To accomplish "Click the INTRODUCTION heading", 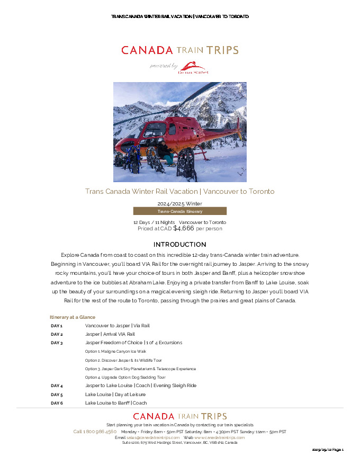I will pyautogui.click(x=179, y=245).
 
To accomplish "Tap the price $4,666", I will pyautogui.click(x=184, y=228).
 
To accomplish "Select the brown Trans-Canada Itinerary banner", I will pyautogui.click(x=179, y=211).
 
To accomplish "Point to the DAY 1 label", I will pyautogui.click(x=57, y=326).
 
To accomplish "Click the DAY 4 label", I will pyautogui.click(x=57, y=386).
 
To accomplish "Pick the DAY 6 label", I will pyautogui.click(x=57, y=403).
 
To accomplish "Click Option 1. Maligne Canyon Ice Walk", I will pyautogui.click(x=115, y=351).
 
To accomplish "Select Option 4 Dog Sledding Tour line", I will pyautogui.click(x=125, y=377).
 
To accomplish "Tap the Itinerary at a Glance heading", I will pyautogui.click(x=73, y=317).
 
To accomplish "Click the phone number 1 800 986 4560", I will pyautogui.click(x=95, y=432).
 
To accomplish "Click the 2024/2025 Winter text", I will pyautogui.click(x=179, y=203).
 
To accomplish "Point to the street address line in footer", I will pyautogui.click(x=179, y=443).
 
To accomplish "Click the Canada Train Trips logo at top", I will pyautogui.click(x=179, y=50).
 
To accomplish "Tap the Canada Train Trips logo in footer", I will pyautogui.click(x=179, y=416).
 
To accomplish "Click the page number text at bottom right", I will pyautogui.click(x=328, y=450).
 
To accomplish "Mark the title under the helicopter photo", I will pyautogui.click(x=179, y=191).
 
